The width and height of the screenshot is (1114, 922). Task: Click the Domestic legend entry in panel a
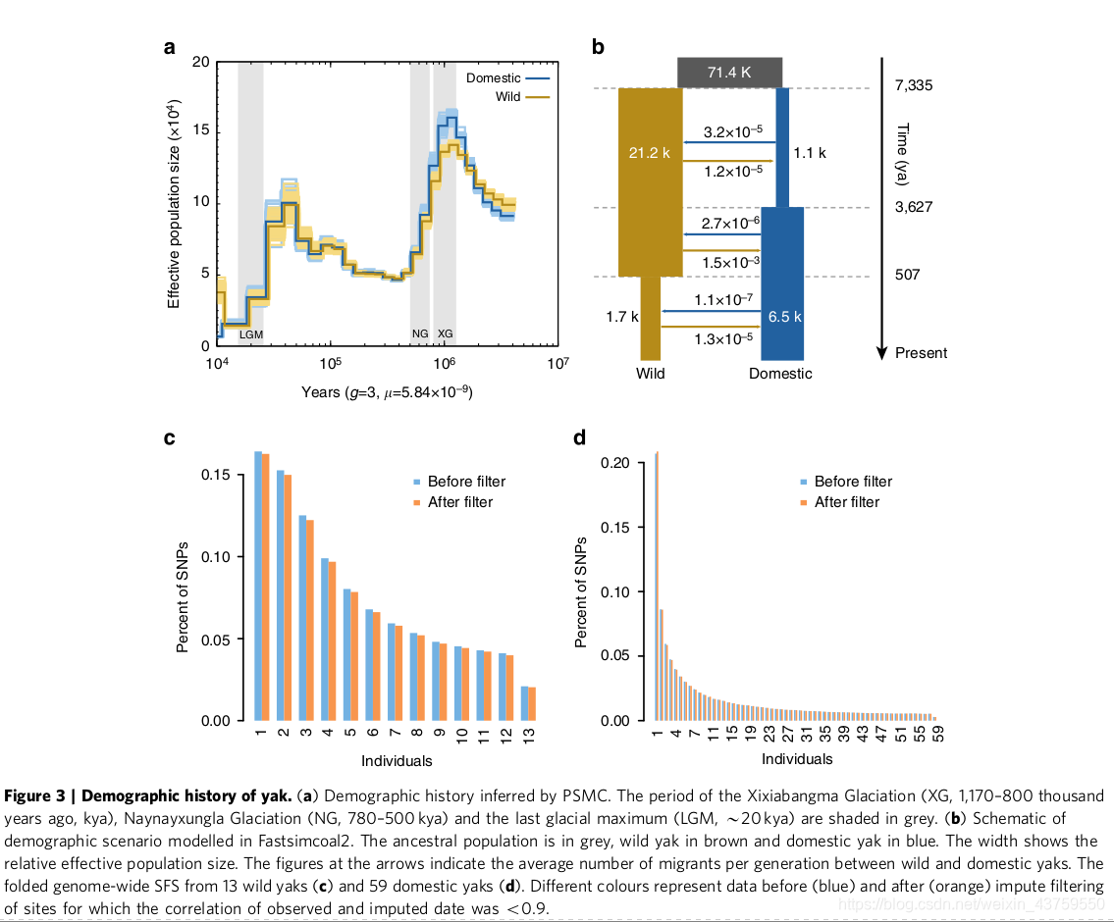point(505,77)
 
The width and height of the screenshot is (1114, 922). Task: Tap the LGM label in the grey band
point(251,334)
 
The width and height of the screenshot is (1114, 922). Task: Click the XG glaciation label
point(445,334)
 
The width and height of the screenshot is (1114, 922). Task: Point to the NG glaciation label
point(420,334)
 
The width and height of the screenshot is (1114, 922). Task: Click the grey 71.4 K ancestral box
point(730,72)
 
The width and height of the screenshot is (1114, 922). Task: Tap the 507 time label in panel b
point(908,275)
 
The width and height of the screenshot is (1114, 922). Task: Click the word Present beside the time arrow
point(922,353)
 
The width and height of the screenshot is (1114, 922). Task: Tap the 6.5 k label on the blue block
point(785,317)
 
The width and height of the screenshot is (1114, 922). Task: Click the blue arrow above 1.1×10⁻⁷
point(712,312)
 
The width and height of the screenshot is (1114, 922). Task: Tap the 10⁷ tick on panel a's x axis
point(558,363)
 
